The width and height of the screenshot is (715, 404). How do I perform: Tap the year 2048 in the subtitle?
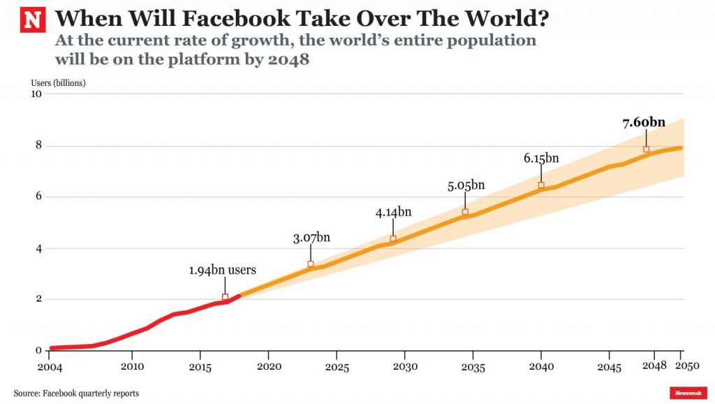288,60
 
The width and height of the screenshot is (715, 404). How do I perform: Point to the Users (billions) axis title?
58,82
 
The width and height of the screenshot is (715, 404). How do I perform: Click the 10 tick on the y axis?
37,94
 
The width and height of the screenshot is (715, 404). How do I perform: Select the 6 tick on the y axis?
40,197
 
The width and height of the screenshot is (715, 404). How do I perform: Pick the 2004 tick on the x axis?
49,366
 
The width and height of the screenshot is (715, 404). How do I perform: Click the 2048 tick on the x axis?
654,366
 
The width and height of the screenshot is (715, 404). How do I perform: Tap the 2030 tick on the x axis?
405,366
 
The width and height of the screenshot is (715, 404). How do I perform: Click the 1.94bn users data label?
222,270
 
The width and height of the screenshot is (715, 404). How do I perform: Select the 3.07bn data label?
311,238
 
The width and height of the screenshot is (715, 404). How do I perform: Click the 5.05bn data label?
465,185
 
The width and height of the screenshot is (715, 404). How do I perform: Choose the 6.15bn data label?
541,158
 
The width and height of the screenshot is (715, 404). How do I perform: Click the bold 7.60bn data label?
644,123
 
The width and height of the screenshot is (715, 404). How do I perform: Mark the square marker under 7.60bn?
646,150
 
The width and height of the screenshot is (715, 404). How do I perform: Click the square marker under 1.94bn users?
225,297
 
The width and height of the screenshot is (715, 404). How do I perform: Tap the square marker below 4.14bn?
393,239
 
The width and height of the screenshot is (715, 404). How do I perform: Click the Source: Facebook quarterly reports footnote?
76,394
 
